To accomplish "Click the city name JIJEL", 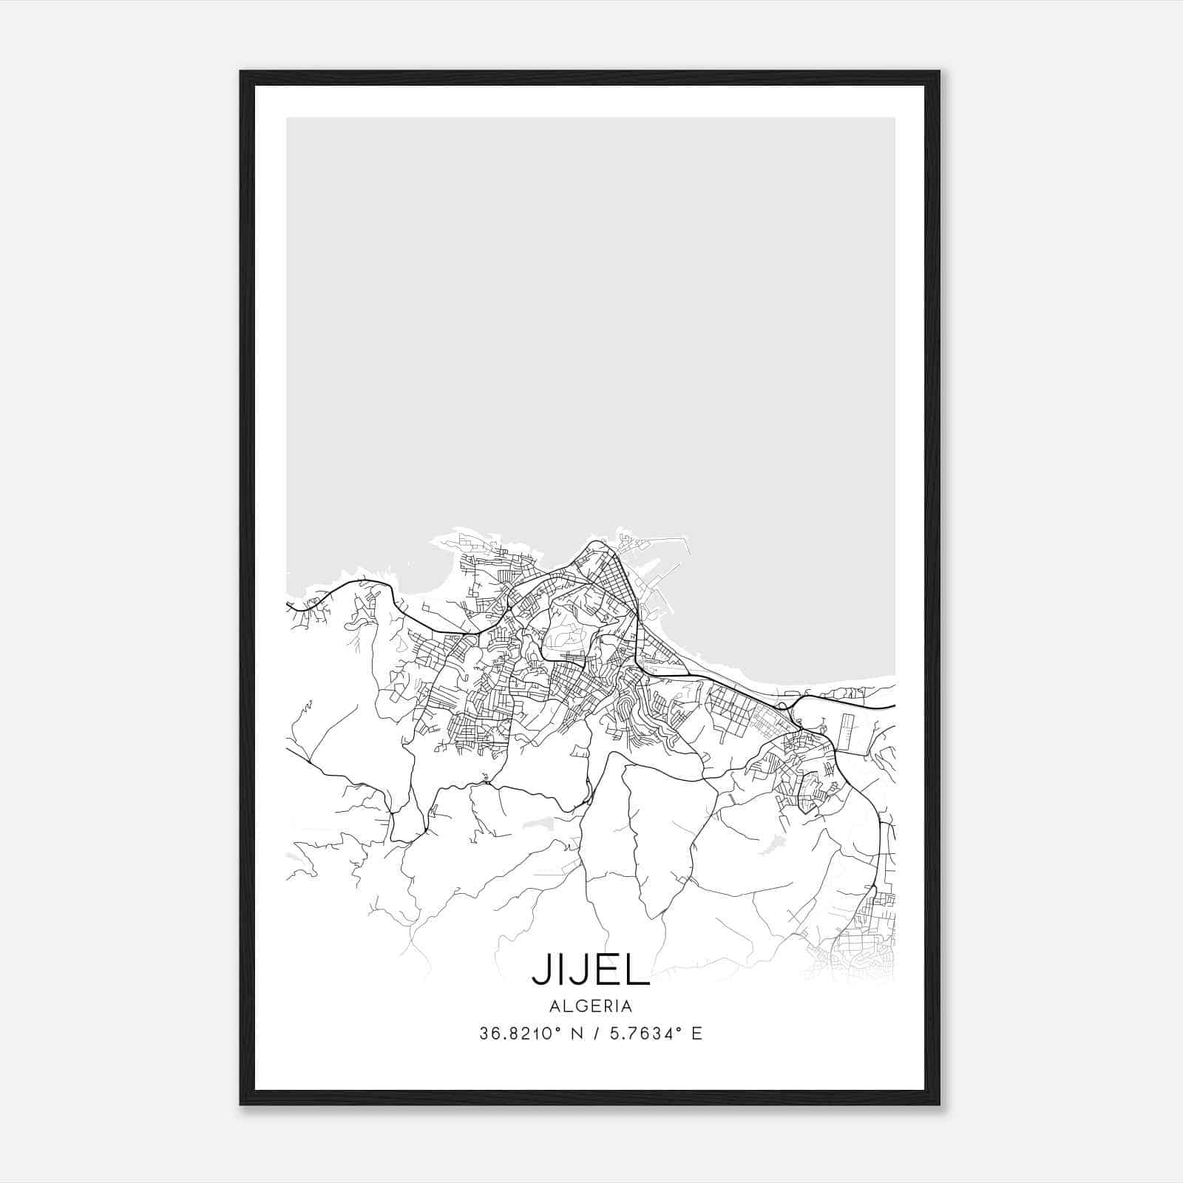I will (x=591, y=972).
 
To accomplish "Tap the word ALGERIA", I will (x=591, y=1006).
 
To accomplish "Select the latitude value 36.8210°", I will (x=515, y=1034).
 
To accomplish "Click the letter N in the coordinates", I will (x=574, y=1034).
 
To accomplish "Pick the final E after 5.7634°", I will (x=696, y=1034).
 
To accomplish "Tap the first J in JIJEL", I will (x=540, y=972).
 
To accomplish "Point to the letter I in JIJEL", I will (x=561, y=972).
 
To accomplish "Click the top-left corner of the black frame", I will (x=241, y=72).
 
